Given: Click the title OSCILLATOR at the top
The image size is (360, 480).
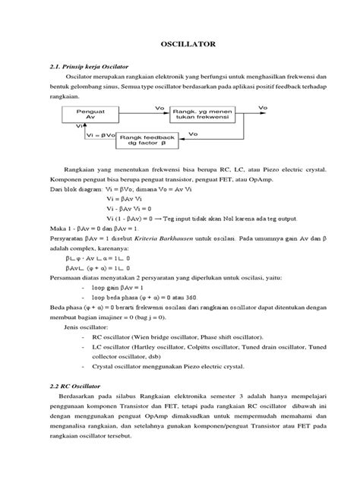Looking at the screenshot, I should point(188,46).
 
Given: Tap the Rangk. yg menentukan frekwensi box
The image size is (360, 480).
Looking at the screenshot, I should point(201,115).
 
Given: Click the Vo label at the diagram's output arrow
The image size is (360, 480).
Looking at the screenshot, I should point(263,108).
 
